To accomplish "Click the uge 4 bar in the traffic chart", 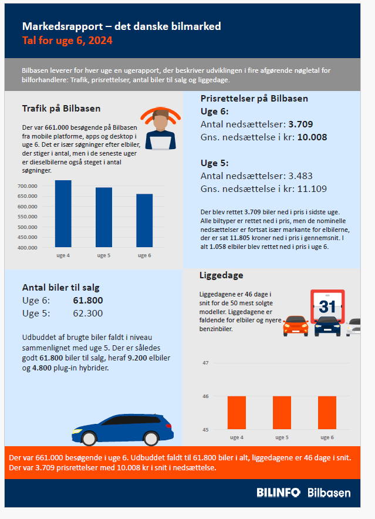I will coord(63,214).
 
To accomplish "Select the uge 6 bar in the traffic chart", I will coord(144,221).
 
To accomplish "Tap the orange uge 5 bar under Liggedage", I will coord(282,413).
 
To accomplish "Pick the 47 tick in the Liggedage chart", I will coord(205,363).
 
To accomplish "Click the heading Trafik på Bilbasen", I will coord(61,109).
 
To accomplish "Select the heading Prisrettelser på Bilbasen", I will coord(254,99).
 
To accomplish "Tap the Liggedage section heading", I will coord(221,275).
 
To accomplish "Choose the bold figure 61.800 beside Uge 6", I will coord(88,301).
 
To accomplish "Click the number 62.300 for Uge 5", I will coord(88,313).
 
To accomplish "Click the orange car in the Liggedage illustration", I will coord(295,326).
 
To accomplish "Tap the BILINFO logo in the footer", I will coord(278,493).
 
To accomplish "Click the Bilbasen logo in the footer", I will coord(329,493).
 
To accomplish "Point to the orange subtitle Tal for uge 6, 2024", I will coord(67,41).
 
